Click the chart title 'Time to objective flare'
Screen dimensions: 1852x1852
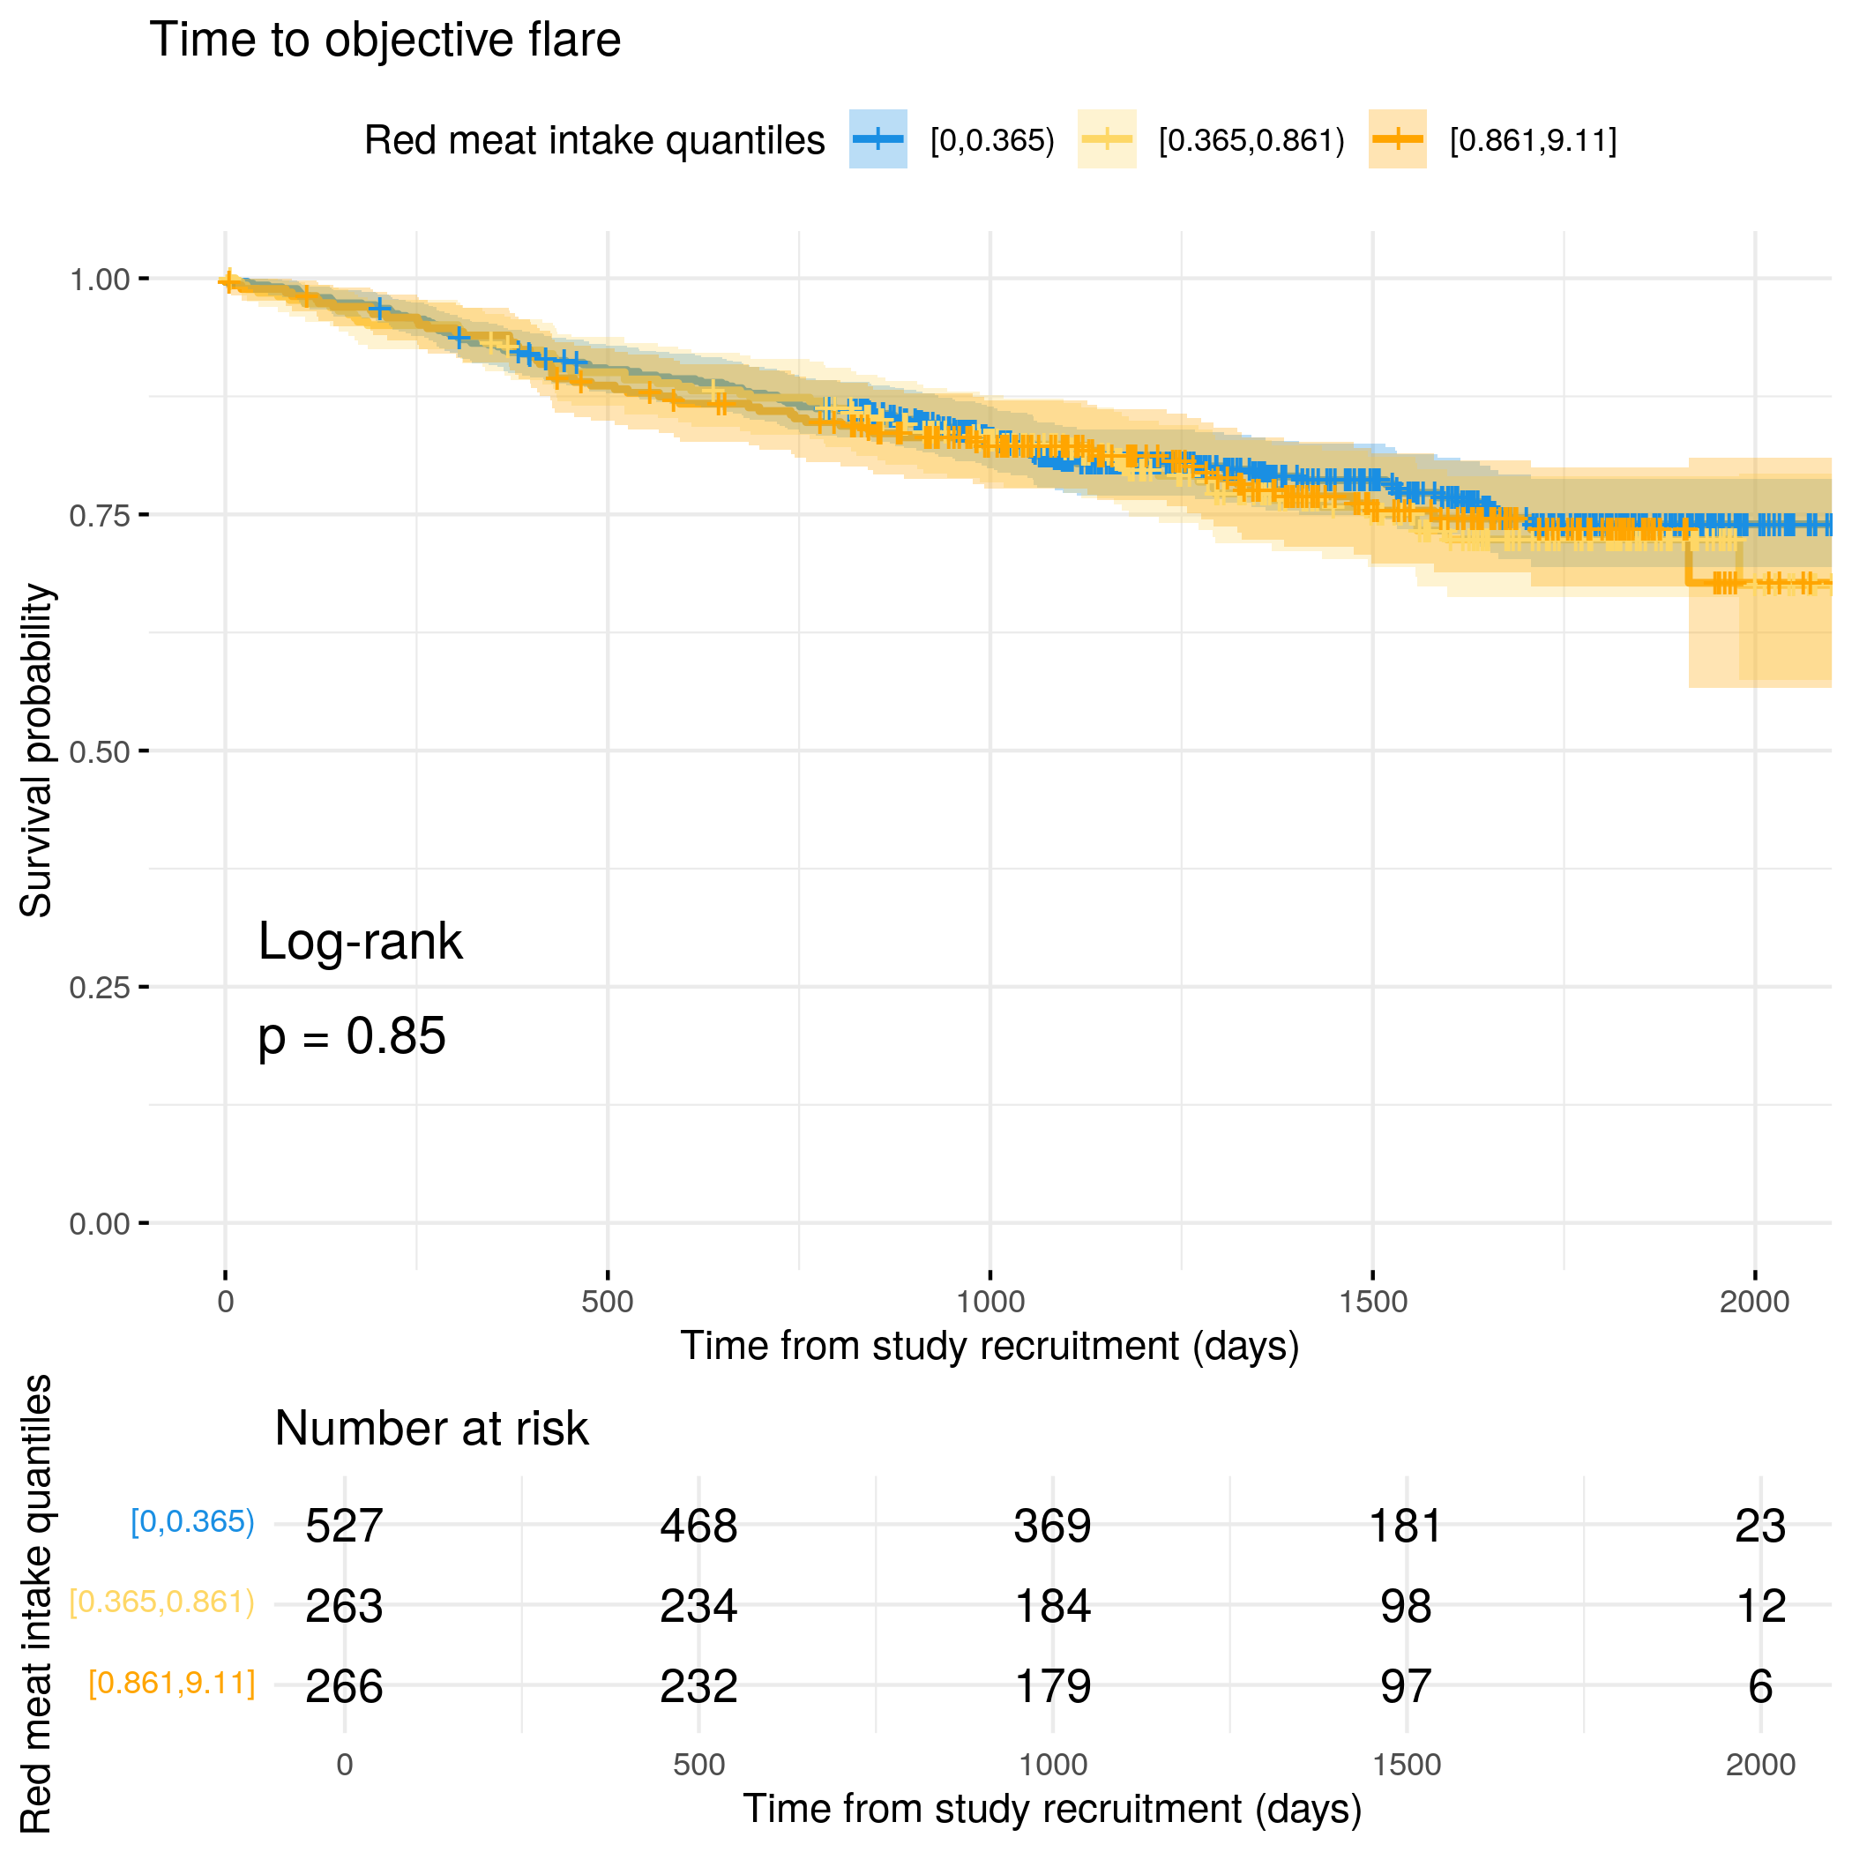click(x=385, y=41)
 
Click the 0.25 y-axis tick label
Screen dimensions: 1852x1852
click(x=99, y=989)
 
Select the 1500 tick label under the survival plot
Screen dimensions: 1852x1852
click(x=1373, y=1302)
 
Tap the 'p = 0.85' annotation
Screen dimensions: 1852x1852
click(x=352, y=1037)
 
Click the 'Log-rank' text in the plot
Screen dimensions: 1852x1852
click(x=360, y=942)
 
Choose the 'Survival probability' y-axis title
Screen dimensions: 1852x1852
click(x=36, y=751)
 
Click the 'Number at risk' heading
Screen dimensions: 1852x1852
click(x=430, y=1430)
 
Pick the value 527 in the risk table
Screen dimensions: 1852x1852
click(x=344, y=1526)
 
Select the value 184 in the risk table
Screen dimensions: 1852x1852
click(x=1052, y=1607)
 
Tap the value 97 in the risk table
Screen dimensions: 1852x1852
click(x=1407, y=1687)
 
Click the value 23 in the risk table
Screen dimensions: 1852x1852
click(x=1760, y=1526)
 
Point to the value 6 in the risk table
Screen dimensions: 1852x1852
click(x=1760, y=1687)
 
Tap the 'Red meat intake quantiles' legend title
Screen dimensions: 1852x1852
click(x=594, y=141)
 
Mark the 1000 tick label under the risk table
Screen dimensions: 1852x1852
click(x=1052, y=1766)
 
